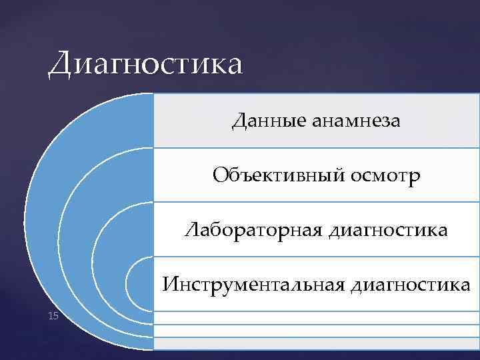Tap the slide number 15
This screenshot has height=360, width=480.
coord(53,315)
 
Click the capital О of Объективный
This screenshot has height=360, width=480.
coord(222,175)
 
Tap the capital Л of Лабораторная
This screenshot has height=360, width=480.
coord(193,231)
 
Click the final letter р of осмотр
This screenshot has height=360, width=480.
coord(415,178)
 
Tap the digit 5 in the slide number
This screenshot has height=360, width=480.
coord(56,315)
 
